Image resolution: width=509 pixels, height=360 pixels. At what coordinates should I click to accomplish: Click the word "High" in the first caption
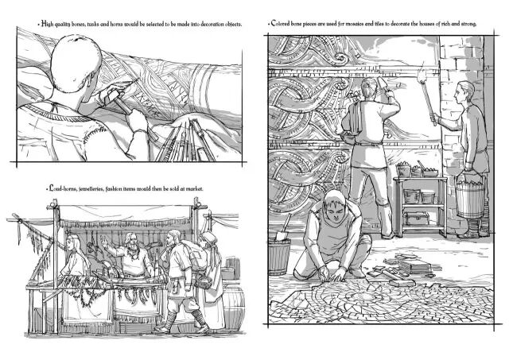coord(47,24)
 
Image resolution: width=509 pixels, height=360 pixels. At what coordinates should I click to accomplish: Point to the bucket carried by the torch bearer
coord(469,195)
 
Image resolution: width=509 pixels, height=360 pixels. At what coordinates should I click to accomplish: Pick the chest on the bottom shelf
coord(417,218)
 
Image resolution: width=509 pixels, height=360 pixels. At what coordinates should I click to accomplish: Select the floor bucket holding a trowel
coord(280,255)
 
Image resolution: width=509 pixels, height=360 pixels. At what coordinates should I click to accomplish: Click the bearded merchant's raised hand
coord(103,241)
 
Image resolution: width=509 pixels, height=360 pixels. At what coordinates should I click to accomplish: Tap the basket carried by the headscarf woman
coord(204,282)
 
